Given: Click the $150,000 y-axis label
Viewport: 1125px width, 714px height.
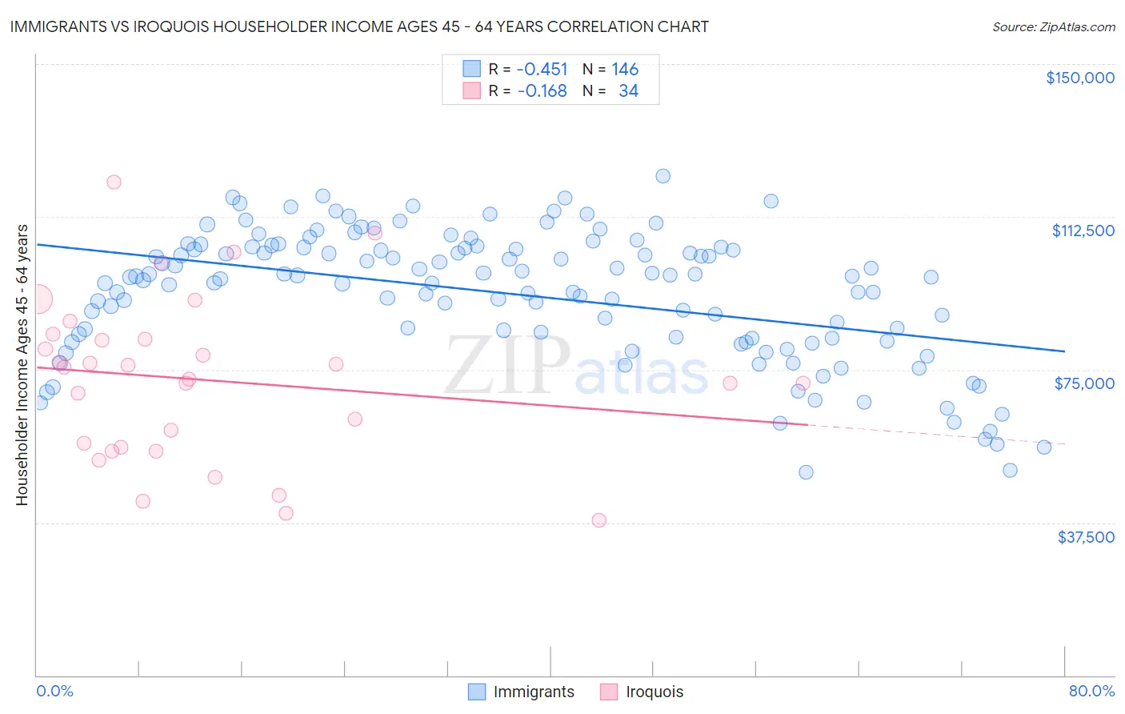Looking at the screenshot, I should tap(1079, 78).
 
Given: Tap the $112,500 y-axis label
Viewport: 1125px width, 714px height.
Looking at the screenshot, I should tap(1083, 231).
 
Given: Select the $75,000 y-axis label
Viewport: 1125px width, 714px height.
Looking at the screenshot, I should tap(1084, 383).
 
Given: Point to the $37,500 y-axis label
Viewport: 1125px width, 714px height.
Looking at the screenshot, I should tap(1086, 537).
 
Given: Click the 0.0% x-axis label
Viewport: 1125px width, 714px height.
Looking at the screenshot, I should tap(54, 691).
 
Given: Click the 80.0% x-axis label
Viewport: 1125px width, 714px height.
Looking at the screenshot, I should tap(1091, 691).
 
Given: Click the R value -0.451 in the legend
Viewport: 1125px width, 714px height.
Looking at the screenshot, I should tap(542, 70).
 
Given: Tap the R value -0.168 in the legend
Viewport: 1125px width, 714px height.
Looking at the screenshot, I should tap(542, 91).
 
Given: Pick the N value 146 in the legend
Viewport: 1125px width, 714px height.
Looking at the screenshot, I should tap(625, 70).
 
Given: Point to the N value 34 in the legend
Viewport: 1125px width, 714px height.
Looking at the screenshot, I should tap(628, 91).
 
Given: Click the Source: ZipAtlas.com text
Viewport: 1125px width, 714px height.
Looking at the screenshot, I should tap(1053, 27).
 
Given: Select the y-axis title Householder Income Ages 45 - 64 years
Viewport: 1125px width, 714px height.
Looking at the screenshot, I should tap(22, 365).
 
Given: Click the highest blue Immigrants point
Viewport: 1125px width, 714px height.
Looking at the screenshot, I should tap(663, 176).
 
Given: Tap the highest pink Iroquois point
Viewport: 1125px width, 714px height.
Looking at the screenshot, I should tap(114, 183).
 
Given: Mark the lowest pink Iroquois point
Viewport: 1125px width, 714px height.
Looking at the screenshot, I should tap(599, 520).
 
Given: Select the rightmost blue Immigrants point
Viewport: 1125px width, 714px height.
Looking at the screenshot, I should tap(1043, 447).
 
